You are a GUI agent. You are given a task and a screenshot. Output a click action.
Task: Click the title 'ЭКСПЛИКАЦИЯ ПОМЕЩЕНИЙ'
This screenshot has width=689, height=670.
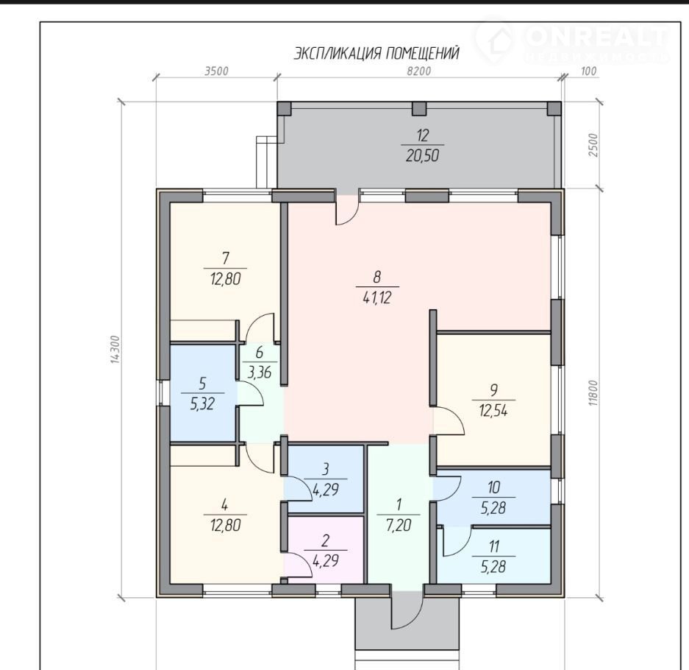(376, 53)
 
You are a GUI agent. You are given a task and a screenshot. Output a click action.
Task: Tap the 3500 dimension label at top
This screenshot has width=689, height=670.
(217, 71)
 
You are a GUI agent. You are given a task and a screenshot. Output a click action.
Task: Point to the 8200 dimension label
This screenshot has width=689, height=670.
(418, 71)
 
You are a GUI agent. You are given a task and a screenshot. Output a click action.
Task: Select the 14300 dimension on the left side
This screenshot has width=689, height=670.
(115, 350)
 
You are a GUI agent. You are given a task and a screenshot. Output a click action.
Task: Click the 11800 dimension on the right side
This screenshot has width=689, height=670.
(593, 393)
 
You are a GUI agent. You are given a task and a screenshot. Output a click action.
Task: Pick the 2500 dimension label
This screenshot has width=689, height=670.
(593, 145)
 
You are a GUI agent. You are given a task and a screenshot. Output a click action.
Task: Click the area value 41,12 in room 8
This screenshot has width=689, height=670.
(377, 298)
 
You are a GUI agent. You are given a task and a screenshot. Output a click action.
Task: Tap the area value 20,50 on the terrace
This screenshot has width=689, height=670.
(422, 156)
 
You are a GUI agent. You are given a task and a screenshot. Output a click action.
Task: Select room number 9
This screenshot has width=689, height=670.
(494, 389)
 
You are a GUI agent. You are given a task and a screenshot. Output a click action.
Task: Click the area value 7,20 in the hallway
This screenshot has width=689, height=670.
(398, 525)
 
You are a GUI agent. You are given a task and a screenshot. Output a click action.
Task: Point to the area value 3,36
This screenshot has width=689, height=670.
(259, 373)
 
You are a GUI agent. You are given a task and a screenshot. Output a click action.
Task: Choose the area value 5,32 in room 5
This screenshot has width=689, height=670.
(202, 404)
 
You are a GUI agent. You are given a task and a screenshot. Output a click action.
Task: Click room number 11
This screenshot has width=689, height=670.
(494, 547)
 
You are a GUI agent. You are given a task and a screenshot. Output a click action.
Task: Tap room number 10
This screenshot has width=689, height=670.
(494, 487)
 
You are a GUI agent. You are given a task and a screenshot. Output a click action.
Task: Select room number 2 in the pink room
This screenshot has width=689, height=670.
(325, 540)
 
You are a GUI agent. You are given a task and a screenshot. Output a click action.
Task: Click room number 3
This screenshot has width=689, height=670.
(325, 469)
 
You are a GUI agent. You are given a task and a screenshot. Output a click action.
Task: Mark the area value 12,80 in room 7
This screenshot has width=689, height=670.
(226, 279)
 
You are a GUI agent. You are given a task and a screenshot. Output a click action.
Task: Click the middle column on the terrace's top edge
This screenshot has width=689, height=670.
(420, 108)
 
